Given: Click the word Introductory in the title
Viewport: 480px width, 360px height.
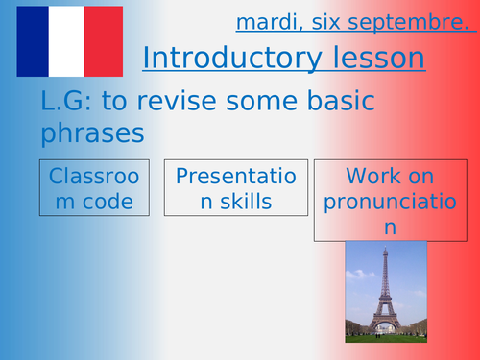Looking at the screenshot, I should pyautogui.click(x=228, y=58).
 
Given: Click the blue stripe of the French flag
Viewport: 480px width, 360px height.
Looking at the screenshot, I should pyautogui.click(x=34, y=41).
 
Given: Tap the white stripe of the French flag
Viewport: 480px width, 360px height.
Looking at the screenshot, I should pyautogui.click(x=69, y=41).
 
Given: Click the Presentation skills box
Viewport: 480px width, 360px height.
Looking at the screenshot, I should pyautogui.click(x=235, y=188).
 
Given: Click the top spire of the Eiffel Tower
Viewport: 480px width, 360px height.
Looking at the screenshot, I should pyautogui.click(x=385, y=248).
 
